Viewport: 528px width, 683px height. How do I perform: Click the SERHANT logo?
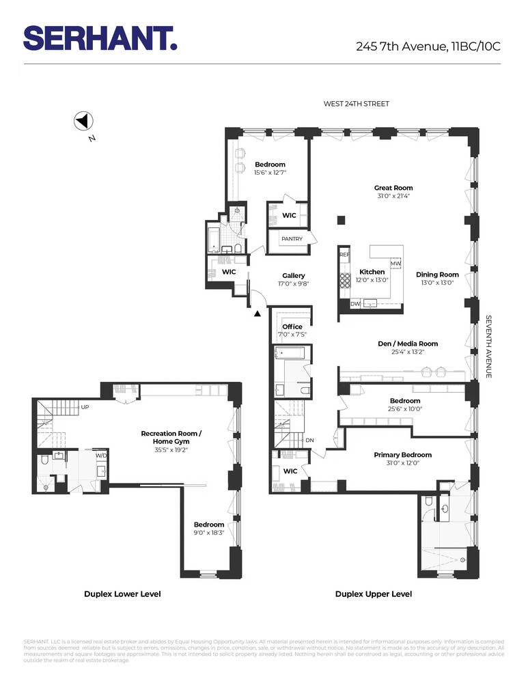pyautogui.click(x=100, y=38)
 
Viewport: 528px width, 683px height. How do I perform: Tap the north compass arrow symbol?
pyautogui.click(x=83, y=122)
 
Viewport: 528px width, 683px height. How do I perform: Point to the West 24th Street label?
pyautogui.click(x=357, y=104)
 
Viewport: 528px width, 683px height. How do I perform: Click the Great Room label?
pyautogui.click(x=393, y=188)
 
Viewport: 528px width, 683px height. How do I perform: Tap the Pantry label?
pyautogui.click(x=292, y=239)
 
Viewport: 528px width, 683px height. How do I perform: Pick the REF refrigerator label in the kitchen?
pyautogui.click(x=344, y=254)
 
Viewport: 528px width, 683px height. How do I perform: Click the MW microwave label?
pyautogui.click(x=395, y=264)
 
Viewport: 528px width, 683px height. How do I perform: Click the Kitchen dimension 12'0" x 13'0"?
pyautogui.click(x=373, y=280)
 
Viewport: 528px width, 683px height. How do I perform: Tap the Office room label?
pyautogui.click(x=292, y=326)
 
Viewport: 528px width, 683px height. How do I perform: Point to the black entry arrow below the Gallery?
pyautogui.click(x=257, y=314)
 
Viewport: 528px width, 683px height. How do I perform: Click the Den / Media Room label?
pyautogui.click(x=408, y=344)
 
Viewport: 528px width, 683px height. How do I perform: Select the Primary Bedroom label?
pyautogui.click(x=402, y=455)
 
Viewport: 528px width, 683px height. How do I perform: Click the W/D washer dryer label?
pyautogui.click(x=100, y=455)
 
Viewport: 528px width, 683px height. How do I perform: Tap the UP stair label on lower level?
pyautogui.click(x=85, y=407)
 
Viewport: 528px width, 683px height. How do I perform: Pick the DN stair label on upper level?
pyautogui.click(x=309, y=440)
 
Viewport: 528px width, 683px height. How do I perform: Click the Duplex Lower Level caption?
pyautogui.click(x=122, y=594)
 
